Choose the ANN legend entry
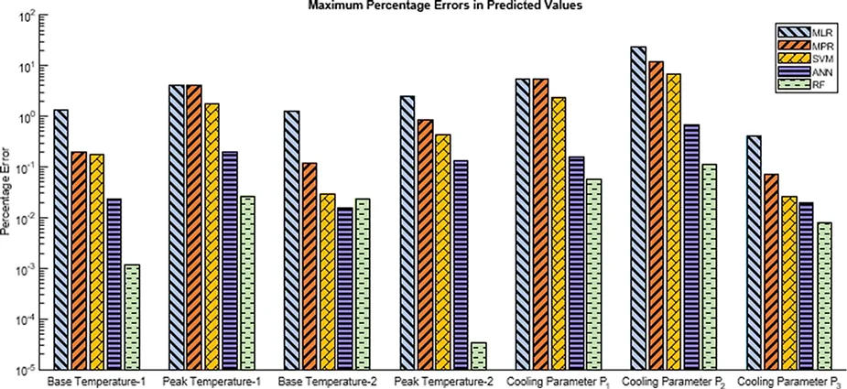tap(798, 72)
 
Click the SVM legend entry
tap(798, 59)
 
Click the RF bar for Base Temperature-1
tap(132, 318)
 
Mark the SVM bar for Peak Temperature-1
tap(212, 237)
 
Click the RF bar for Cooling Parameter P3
tap(825, 297)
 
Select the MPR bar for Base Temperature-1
tap(79, 262)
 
